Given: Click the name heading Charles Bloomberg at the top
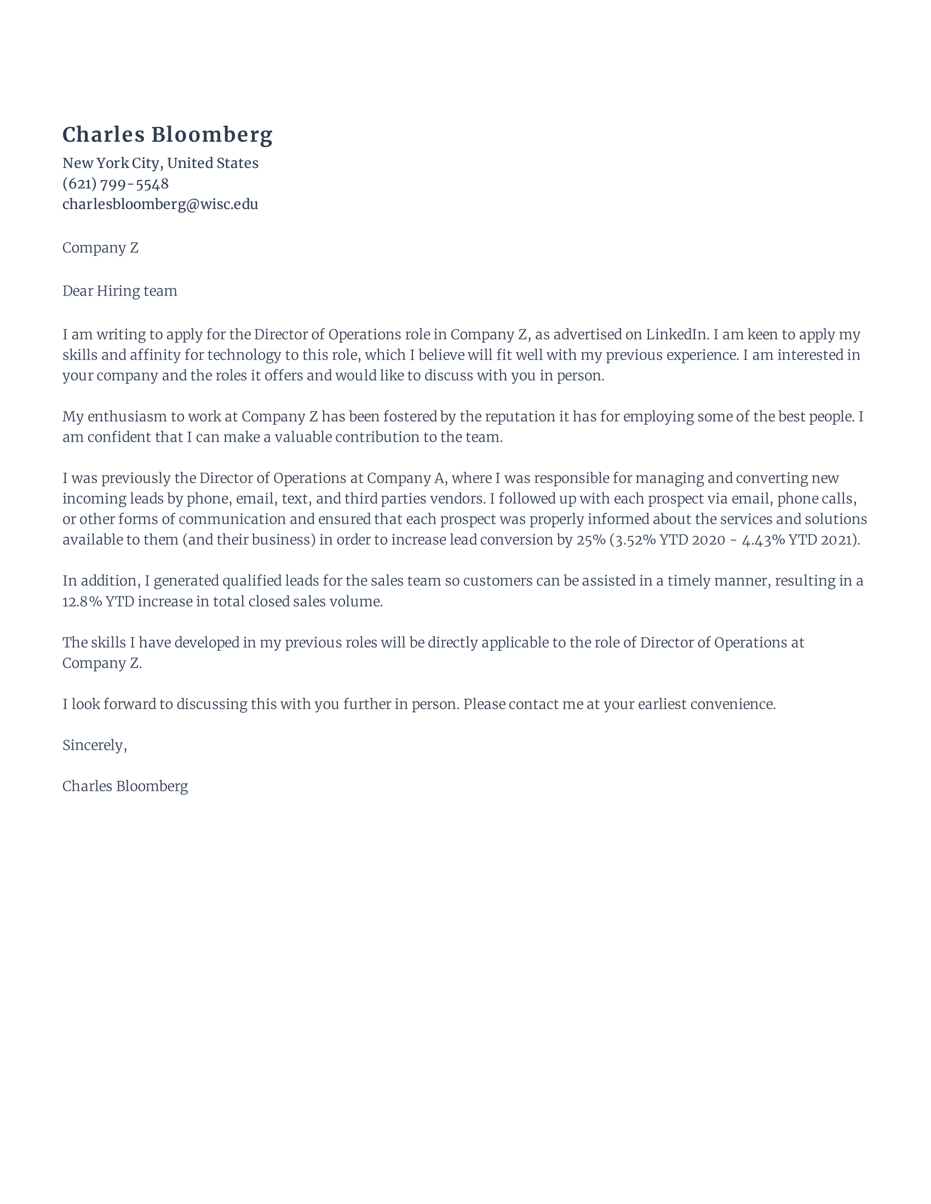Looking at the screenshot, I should pyautogui.click(x=167, y=135).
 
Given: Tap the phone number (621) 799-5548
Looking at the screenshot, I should pyautogui.click(x=115, y=183).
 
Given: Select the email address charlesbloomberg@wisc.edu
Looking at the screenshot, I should pyautogui.click(x=160, y=204).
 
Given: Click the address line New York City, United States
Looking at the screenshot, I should pyautogui.click(x=160, y=163).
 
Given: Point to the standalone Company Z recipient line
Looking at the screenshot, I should pyautogui.click(x=100, y=248).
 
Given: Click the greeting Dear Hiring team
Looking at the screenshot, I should pyautogui.click(x=120, y=291).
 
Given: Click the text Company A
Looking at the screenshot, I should pyautogui.click(x=405, y=478).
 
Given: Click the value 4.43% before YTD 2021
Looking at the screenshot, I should pyautogui.click(x=763, y=540).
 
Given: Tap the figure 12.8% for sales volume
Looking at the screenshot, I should pyautogui.click(x=82, y=601).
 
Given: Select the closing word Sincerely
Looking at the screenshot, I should pyautogui.click(x=94, y=745).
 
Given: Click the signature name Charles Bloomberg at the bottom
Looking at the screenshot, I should pyautogui.click(x=125, y=786).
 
